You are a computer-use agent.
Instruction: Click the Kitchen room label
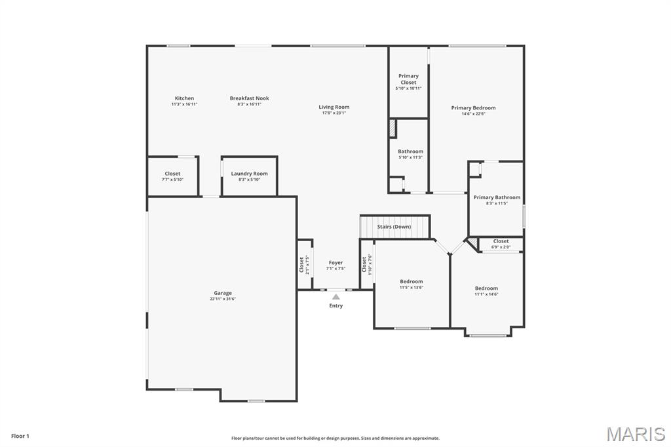[184, 98]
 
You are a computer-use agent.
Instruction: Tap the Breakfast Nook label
[249, 98]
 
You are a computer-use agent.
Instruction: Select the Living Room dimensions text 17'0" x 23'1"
[334, 113]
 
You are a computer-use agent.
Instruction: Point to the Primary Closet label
[408, 79]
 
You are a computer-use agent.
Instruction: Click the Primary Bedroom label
[473, 107]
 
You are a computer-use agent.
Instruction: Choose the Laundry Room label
[249, 174]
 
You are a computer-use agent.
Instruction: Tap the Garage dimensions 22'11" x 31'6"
[223, 299]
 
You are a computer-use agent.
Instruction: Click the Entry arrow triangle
[336, 297]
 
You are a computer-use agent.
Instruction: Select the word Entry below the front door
[336, 305]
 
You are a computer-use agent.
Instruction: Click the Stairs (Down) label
[394, 227]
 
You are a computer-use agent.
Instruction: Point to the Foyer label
[335, 263]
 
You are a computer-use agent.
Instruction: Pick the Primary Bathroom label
[497, 197]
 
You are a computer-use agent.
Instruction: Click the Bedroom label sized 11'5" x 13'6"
[412, 281]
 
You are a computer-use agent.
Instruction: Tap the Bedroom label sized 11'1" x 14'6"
[486, 288]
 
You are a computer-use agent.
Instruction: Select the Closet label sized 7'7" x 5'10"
[172, 174]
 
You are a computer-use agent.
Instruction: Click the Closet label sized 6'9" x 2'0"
[501, 241]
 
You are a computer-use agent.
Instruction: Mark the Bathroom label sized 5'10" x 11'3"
[410, 151]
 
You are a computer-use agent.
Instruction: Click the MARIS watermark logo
[635, 434]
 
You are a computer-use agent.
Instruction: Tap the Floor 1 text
[20, 436]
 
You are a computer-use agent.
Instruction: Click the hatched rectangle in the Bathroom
[393, 128]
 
